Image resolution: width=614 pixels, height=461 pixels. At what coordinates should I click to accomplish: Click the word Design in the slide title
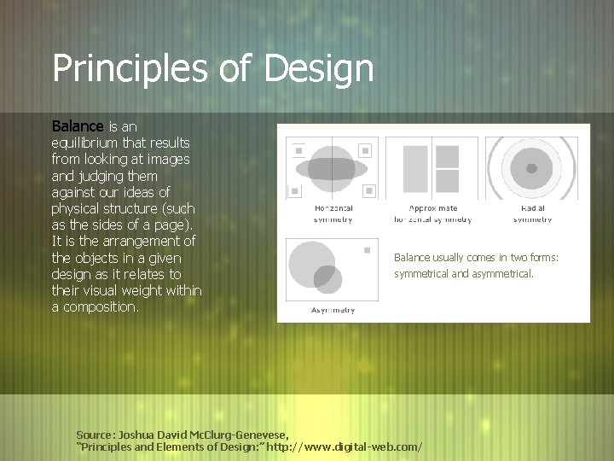point(319,69)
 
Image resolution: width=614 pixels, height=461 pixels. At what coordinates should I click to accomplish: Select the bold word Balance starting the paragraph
point(78,126)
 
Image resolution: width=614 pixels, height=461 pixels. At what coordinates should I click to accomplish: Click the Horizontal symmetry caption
point(333,213)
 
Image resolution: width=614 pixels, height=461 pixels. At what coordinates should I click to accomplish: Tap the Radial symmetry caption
point(533,213)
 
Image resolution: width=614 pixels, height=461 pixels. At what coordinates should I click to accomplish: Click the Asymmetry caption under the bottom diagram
point(333,310)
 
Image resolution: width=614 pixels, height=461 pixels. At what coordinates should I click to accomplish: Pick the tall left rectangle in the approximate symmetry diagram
point(415,168)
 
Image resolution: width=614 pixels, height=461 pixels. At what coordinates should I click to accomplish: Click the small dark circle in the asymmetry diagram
point(327,278)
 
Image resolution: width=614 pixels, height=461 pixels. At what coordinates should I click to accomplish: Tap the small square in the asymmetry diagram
point(367,250)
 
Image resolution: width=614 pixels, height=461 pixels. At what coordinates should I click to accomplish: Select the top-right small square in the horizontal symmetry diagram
point(368,151)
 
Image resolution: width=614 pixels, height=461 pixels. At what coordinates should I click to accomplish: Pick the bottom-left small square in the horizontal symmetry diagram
point(296,190)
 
